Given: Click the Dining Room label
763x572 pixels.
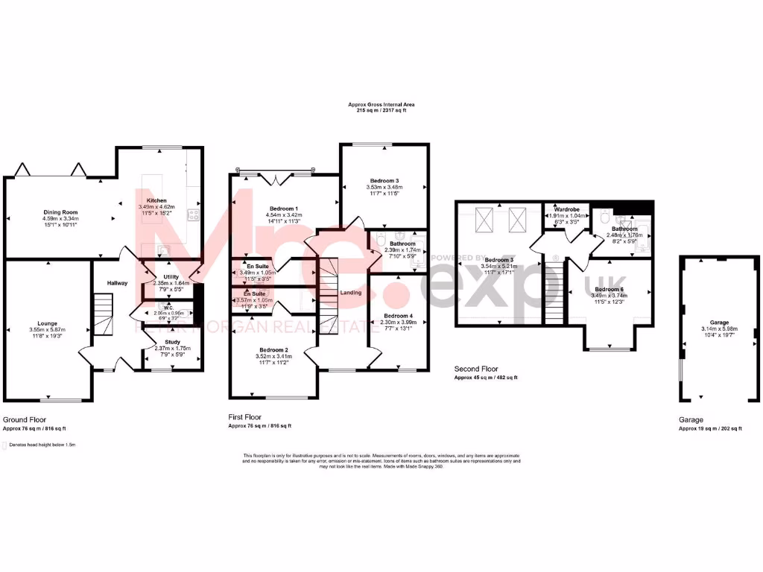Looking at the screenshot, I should coord(55,212).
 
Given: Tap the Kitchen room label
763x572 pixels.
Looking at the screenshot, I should coord(156,200).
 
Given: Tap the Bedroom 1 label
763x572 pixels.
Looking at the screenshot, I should coord(282,208).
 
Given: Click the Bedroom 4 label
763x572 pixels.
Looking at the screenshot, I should coord(397,316).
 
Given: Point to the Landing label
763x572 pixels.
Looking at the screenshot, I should coord(350,293).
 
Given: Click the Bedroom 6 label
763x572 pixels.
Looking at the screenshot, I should coord(610,288).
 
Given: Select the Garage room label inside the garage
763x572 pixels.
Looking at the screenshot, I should coord(720,322).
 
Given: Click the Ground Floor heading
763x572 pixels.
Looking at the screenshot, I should coord(26,420).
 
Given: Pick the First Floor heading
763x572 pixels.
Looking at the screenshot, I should coord(245,418).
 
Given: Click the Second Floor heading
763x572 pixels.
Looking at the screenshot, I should coord(476,369).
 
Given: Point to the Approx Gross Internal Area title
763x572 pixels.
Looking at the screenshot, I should coord(381,105).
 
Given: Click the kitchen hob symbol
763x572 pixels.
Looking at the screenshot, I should coord(193,216).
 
